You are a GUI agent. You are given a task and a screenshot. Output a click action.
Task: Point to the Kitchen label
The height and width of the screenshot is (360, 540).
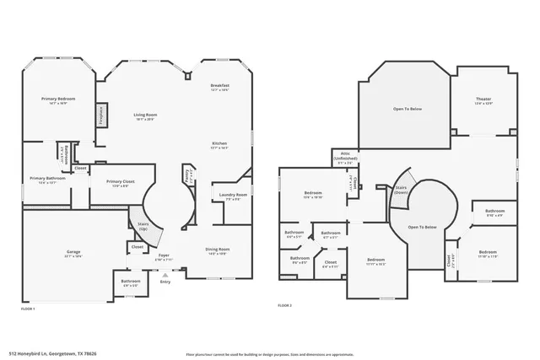click(x=219, y=143)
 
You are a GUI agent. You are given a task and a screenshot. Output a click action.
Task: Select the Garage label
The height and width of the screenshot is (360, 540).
click(x=73, y=252)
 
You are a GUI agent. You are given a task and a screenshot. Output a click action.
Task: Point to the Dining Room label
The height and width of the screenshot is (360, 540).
click(x=219, y=250)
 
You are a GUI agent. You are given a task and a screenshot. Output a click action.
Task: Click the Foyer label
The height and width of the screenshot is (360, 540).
click(x=164, y=256)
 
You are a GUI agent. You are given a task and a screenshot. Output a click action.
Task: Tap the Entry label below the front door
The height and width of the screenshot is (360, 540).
click(x=164, y=281)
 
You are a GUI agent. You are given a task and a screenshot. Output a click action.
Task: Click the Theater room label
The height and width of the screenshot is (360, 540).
click(x=483, y=99)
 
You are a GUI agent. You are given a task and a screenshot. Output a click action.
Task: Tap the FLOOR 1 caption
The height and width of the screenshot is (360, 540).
click(x=28, y=309)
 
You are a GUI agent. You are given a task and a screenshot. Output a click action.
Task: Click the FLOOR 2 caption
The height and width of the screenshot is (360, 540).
click(x=284, y=305)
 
